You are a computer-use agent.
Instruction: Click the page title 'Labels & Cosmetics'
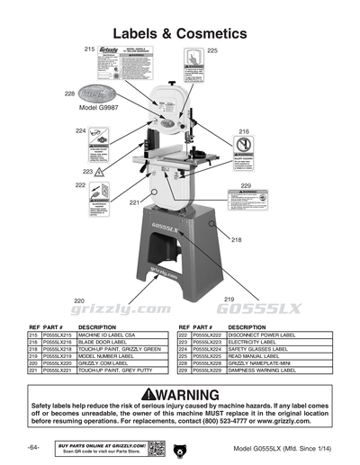(x=180, y=33)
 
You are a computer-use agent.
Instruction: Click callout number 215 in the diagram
(x=89, y=47)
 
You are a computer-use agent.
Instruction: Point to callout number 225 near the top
(x=212, y=51)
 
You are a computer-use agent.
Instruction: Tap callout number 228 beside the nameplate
(x=69, y=94)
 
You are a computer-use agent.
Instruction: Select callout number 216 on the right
(x=243, y=132)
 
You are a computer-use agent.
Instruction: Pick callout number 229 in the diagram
(x=246, y=185)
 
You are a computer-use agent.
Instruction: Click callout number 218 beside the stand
(x=237, y=240)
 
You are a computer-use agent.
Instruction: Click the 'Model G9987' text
(x=99, y=107)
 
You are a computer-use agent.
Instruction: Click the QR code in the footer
(x=156, y=447)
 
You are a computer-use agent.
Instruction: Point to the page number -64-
(x=33, y=448)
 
